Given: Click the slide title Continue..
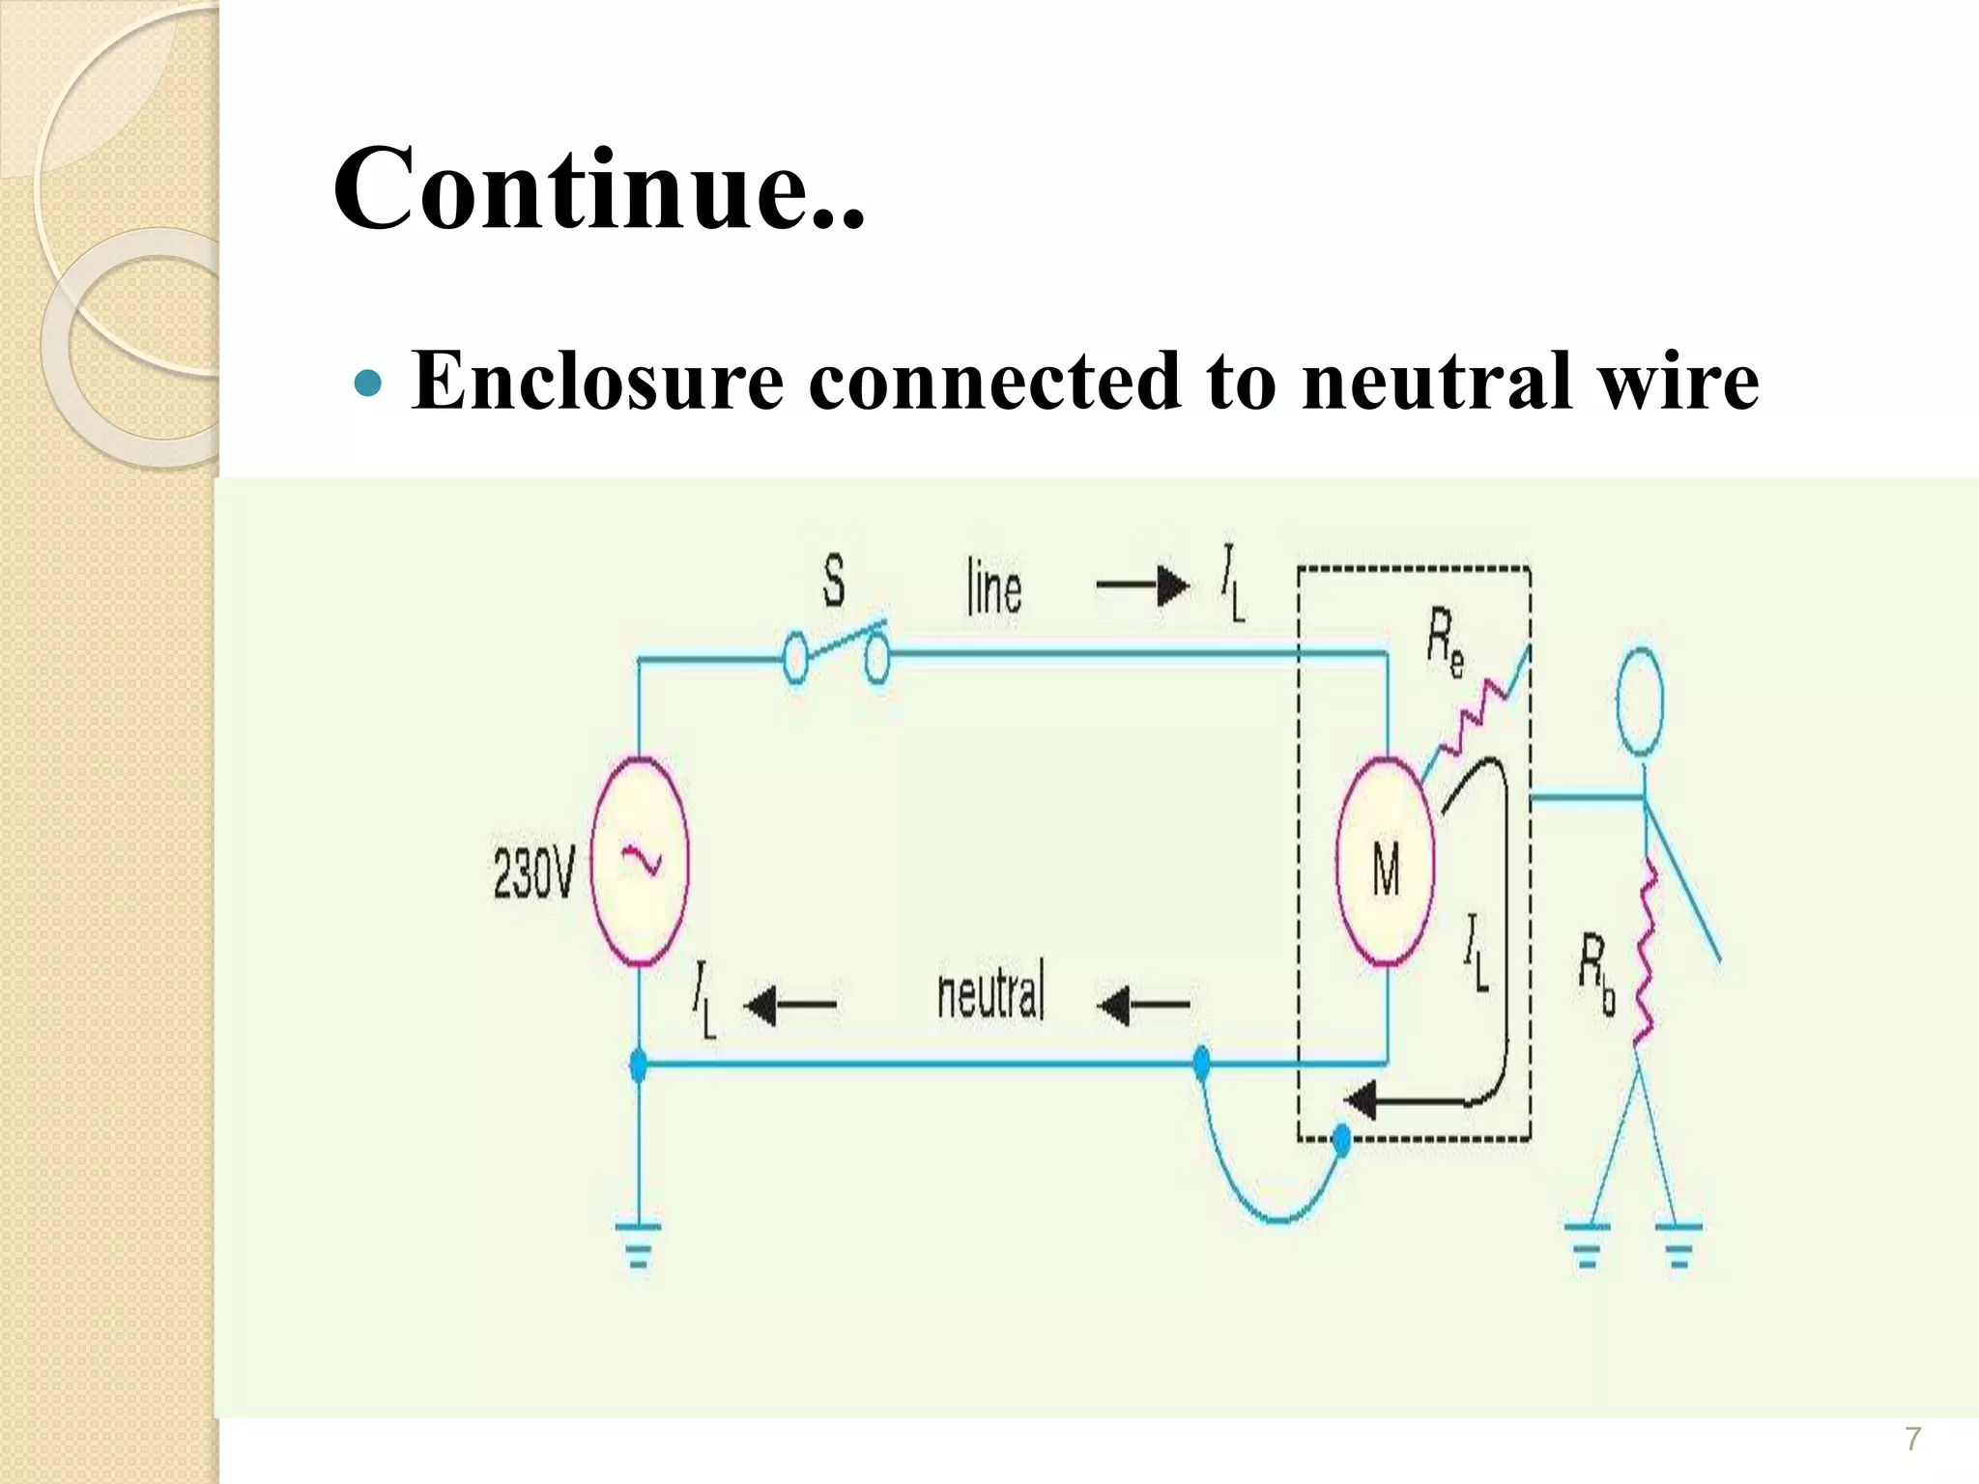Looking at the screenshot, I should pyautogui.click(x=598, y=187).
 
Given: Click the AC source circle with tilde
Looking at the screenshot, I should pyautogui.click(x=639, y=861).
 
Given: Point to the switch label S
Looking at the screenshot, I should pyautogui.click(x=833, y=582).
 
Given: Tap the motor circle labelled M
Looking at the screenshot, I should pyautogui.click(x=1385, y=863).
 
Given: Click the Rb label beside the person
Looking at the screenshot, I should pyautogui.click(x=1596, y=974).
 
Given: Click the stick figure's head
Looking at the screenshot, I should pyautogui.click(x=1639, y=700).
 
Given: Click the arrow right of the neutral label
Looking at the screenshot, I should pyautogui.click(x=1143, y=1006).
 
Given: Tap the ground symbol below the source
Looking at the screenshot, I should pyautogui.click(x=638, y=1245).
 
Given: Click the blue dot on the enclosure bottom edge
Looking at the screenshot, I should pyautogui.click(x=1341, y=1141).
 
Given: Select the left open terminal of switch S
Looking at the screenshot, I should pyautogui.click(x=794, y=659).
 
